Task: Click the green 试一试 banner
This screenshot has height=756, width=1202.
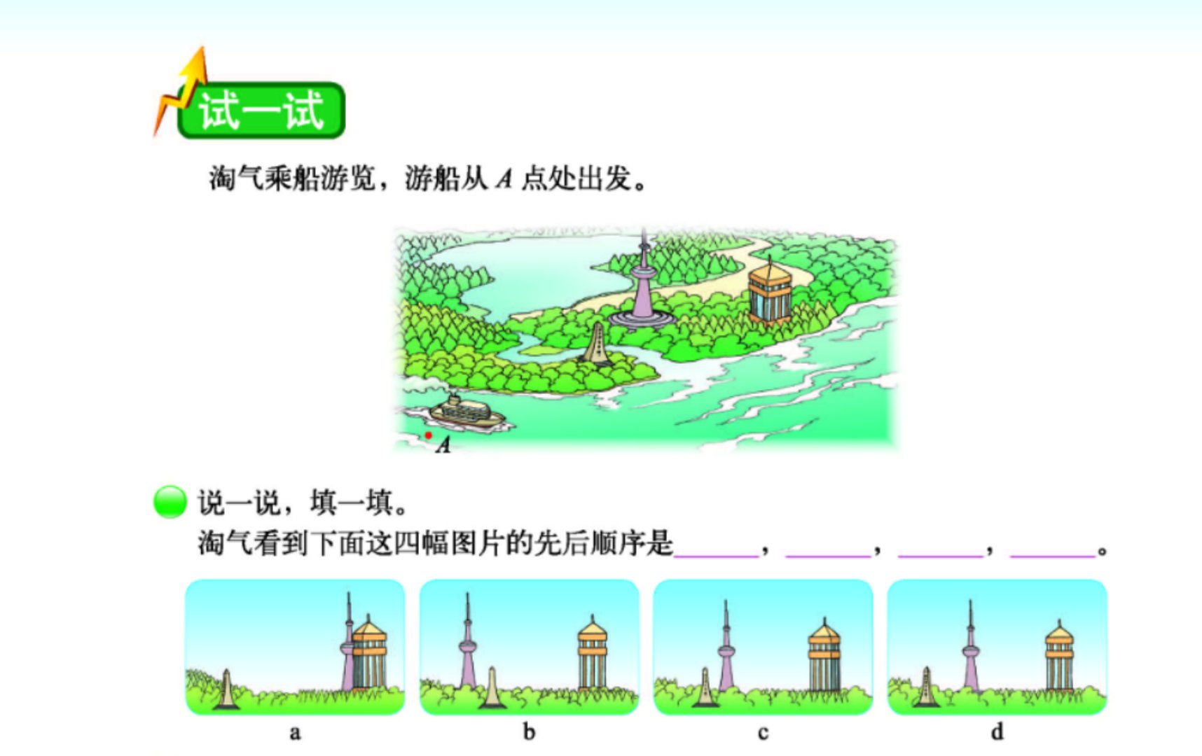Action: [261, 111]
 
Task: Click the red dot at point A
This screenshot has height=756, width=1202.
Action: [428, 435]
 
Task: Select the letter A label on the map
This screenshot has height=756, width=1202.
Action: [443, 444]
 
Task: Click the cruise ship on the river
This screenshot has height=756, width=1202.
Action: [466, 413]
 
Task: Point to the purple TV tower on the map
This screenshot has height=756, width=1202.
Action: [642, 287]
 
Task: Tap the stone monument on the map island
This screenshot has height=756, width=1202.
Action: [597, 344]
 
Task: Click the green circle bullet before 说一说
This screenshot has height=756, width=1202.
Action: [170, 502]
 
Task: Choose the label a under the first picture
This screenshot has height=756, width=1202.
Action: [295, 733]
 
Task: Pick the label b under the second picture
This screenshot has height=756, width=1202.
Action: [529, 732]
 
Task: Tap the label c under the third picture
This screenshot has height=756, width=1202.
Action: [763, 733]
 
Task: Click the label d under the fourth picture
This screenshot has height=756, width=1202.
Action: [997, 732]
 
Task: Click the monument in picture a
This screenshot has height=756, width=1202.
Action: [226, 689]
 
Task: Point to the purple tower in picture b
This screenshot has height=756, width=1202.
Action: [467, 644]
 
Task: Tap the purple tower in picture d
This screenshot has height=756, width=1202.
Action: [970, 651]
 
